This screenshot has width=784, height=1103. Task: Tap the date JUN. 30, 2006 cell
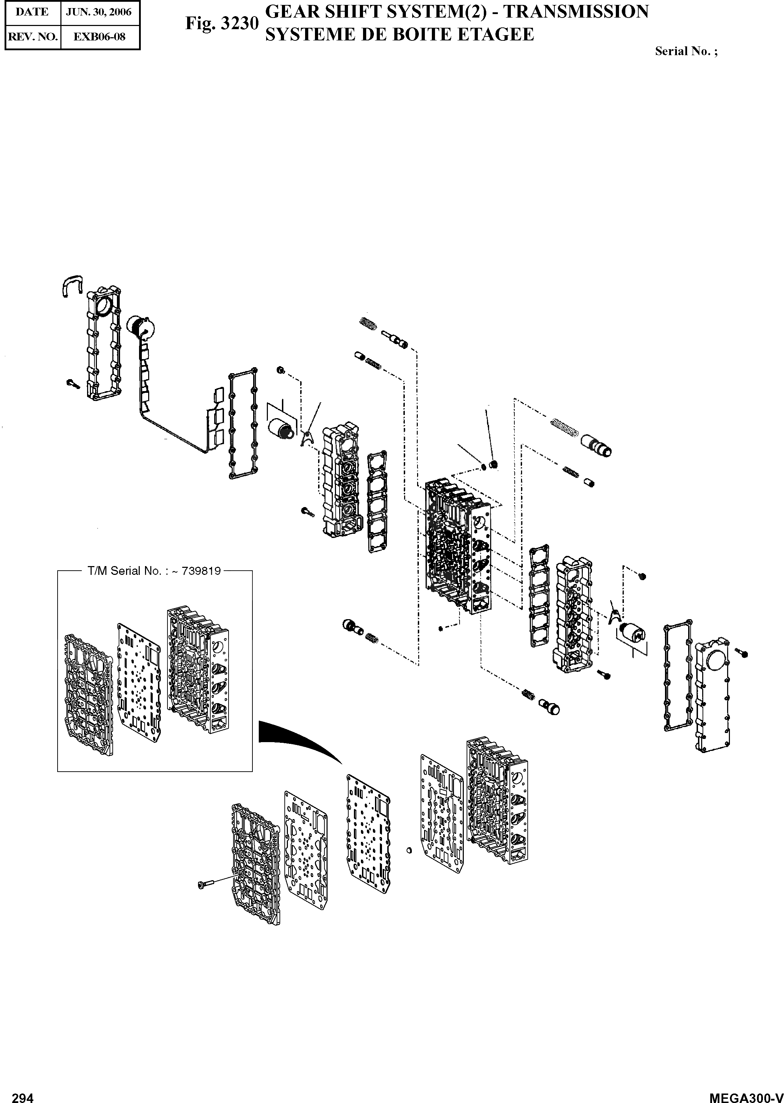point(99,12)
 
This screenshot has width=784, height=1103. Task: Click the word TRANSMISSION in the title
point(576,12)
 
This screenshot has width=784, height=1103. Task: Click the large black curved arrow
point(295,738)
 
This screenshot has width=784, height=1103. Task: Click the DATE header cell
point(32,12)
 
